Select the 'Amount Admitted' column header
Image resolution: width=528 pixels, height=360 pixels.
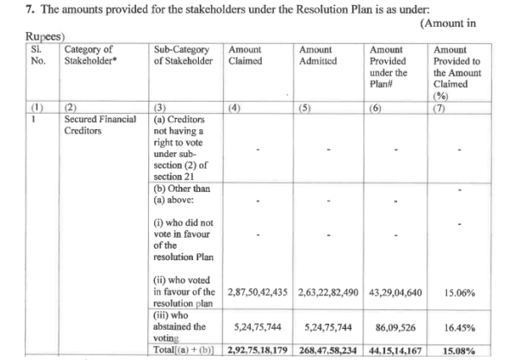coord(317,56)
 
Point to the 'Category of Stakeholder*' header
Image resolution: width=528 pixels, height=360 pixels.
coord(96,56)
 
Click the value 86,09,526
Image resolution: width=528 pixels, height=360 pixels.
coord(397,327)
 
